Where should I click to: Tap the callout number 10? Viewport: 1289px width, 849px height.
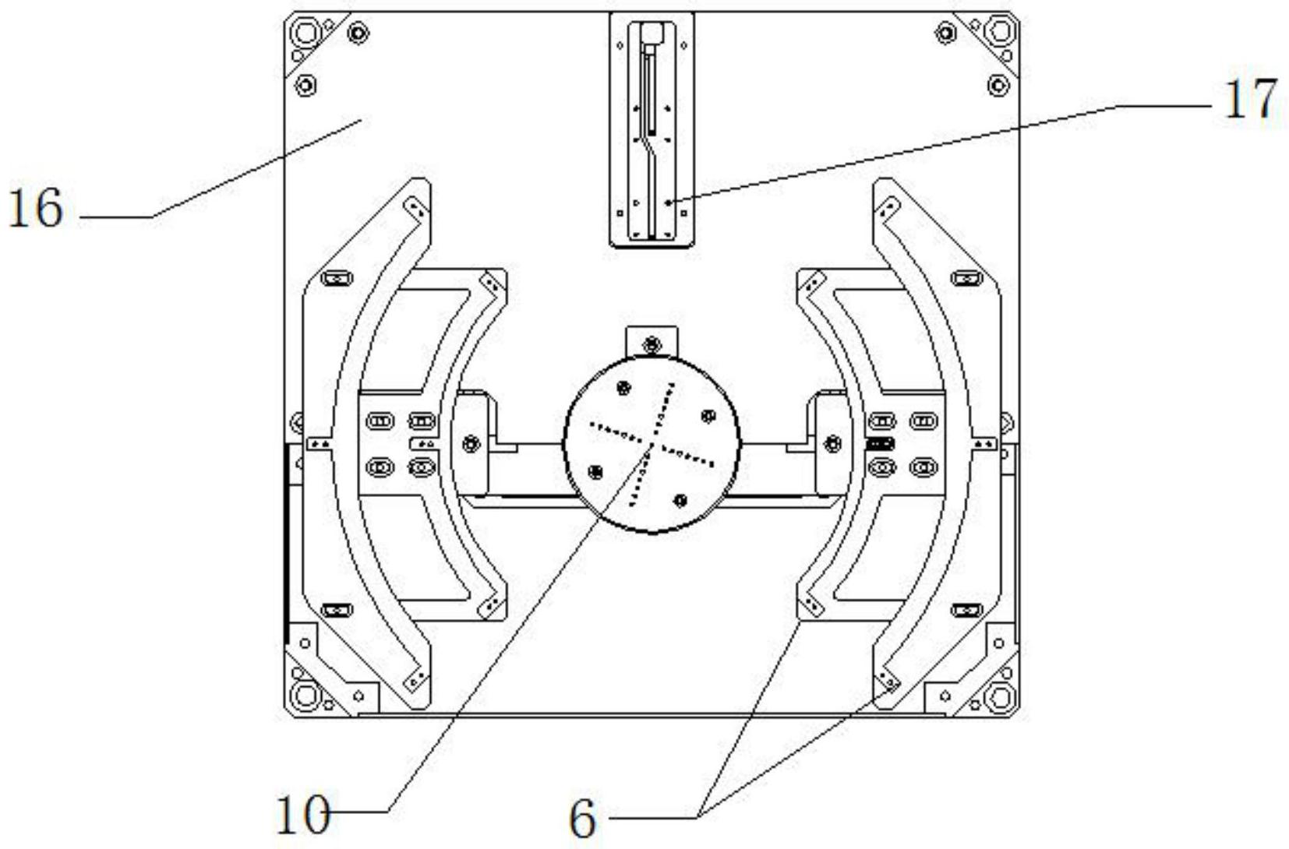[x=303, y=816]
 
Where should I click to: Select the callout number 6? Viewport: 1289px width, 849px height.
[x=582, y=819]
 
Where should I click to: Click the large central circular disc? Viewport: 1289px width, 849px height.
[x=652, y=444]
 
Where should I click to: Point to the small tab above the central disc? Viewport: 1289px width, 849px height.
[x=652, y=343]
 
